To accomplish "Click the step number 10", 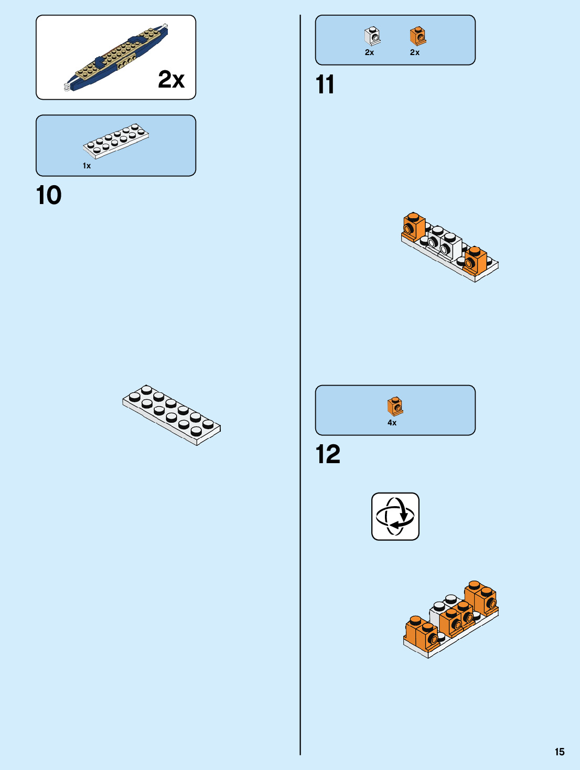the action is pyautogui.click(x=49, y=196).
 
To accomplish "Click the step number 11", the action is pyautogui.click(x=325, y=85).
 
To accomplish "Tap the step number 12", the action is pyautogui.click(x=328, y=455).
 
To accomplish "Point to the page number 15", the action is pyautogui.click(x=560, y=752).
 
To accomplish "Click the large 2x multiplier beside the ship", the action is pyautogui.click(x=171, y=80).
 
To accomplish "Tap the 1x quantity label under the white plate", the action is pyautogui.click(x=87, y=166).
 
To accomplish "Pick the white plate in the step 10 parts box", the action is pyautogui.click(x=115, y=141).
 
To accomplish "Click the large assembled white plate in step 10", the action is pyautogui.click(x=171, y=414).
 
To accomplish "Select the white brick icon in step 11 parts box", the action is pyautogui.click(x=372, y=36).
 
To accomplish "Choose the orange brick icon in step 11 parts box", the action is pyautogui.click(x=417, y=36).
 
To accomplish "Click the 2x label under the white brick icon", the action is pyautogui.click(x=369, y=52).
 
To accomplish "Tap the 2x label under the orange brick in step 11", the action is pyautogui.click(x=414, y=52).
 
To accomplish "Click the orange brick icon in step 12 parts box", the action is pyautogui.click(x=395, y=406).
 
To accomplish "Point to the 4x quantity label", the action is pyautogui.click(x=392, y=423).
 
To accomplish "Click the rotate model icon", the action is pyautogui.click(x=395, y=516).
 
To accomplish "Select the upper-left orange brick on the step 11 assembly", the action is pyautogui.click(x=414, y=226).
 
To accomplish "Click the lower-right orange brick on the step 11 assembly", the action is pyautogui.click(x=475, y=260).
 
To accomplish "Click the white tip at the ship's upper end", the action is pyautogui.click(x=166, y=25).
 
